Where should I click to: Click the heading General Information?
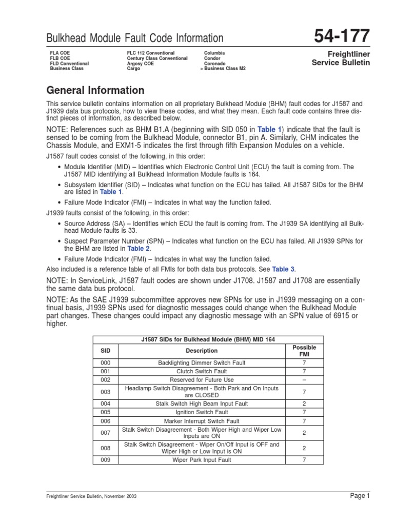tap(95, 91)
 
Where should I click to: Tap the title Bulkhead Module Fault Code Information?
tap(135, 38)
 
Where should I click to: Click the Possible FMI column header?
tap(304, 351)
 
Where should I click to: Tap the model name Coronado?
tap(215, 64)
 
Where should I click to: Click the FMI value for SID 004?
tap(304, 403)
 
